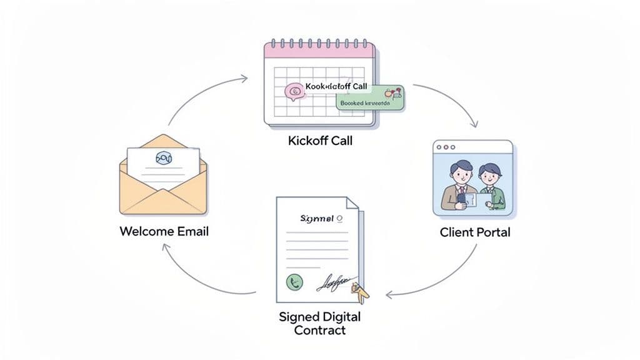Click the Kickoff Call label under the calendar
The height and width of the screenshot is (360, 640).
pos(320,141)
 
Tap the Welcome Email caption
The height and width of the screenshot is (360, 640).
pos(164,231)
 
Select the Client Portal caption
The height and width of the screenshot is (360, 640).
pos(475,232)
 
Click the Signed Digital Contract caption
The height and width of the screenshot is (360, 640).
pos(320,323)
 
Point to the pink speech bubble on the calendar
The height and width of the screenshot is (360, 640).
pos(294,92)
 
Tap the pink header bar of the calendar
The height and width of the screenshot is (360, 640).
pos(319,51)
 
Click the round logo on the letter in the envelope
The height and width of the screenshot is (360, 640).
pos(164,159)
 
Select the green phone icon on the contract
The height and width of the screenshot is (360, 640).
pos(294,282)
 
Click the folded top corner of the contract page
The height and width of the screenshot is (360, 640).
pos(352,204)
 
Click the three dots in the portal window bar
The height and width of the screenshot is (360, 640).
pos(446,147)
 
